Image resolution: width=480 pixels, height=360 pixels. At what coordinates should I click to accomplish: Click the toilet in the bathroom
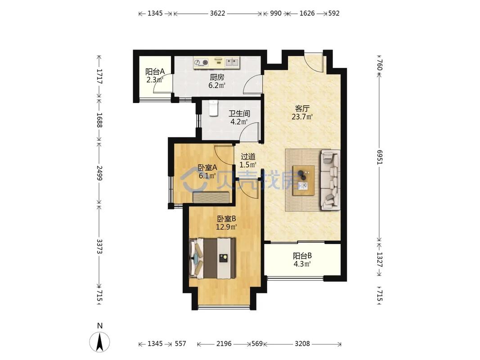[x=213, y=108]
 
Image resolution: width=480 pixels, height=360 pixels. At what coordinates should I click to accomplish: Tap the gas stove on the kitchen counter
[x=201, y=63]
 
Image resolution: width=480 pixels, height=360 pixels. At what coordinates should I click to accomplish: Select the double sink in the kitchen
[x=232, y=63]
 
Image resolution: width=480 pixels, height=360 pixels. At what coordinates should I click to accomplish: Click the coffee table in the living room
[x=303, y=180]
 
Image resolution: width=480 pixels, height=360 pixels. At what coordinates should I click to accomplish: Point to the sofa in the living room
[x=330, y=180]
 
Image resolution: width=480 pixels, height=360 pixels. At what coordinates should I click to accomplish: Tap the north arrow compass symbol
[x=99, y=341]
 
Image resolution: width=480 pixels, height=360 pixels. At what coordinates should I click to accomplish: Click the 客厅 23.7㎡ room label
[x=302, y=112]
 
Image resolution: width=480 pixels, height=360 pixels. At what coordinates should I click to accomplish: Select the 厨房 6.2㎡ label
[x=217, y=81]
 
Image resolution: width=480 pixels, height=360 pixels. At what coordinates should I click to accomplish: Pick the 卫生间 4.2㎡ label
[x=239, y=117]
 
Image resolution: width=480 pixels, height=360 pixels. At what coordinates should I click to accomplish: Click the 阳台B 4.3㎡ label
[x=302, y=260]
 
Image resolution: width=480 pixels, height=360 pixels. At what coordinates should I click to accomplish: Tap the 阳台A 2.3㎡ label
[x=155, y=76]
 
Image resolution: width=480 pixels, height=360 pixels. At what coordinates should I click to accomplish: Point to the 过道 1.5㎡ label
[x=248, y=161]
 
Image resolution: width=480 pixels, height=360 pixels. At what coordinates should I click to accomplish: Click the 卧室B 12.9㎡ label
[x=227, y=223]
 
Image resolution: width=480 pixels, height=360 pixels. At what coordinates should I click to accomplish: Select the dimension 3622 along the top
[x=217, y=13]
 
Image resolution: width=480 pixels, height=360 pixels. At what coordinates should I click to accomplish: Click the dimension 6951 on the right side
[x=380, y=157]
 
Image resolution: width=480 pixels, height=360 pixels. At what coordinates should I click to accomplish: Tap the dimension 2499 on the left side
[x=99, y=173]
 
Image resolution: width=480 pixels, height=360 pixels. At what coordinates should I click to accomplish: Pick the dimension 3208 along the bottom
[x=302, y=344]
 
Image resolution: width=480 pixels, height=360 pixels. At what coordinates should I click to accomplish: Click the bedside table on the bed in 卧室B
[x=223, y=258]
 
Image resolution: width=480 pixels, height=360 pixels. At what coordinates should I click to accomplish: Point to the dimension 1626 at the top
[x=307, y=13]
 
